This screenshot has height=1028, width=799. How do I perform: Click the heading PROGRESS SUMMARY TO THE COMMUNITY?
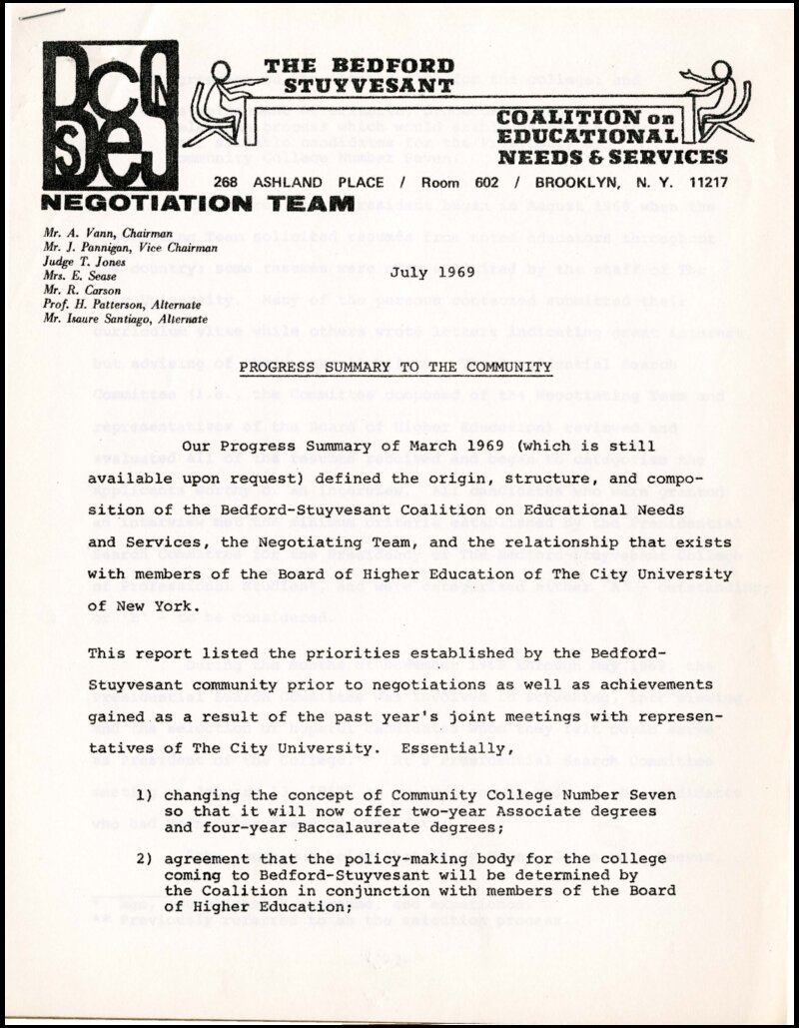pyautogui.click(x=395, y=367)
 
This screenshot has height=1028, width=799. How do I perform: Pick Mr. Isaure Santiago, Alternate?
pyautogui.click(x=125, y=319)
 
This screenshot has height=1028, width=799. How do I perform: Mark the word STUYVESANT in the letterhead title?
pyautogui.click(x=369, y=86)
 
